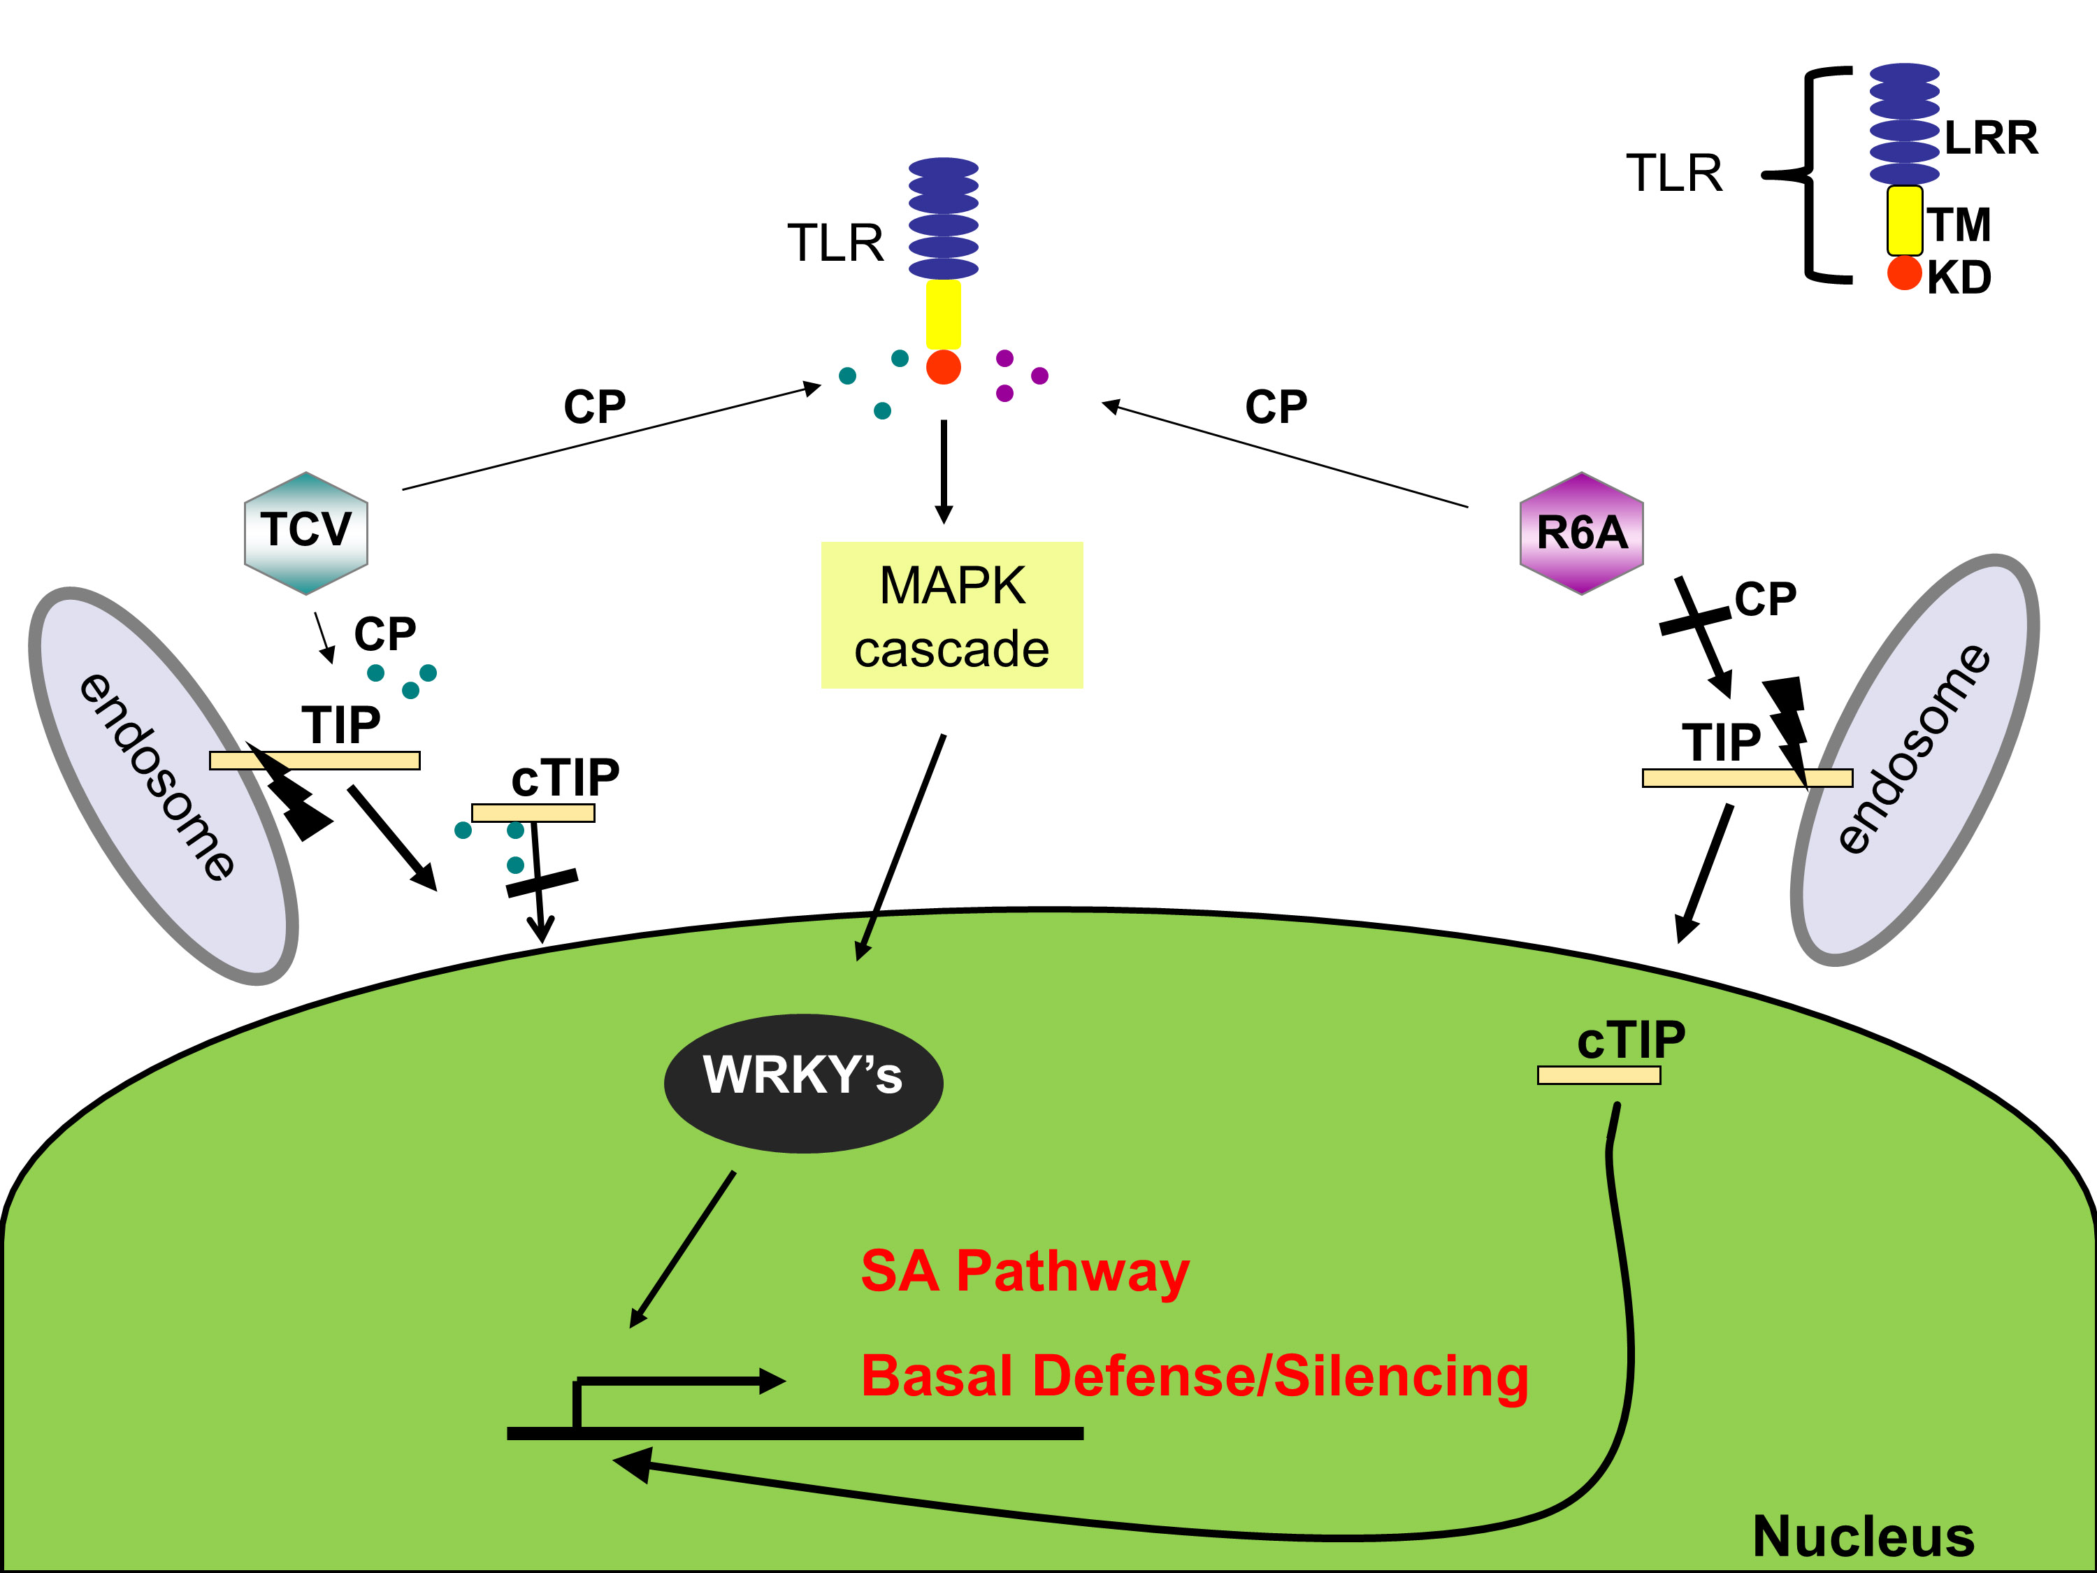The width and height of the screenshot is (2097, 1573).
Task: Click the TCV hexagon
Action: coord(305,533)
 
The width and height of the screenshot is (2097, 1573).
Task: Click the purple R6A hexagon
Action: coord(1581,533)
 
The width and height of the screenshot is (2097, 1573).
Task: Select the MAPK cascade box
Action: coord(952,615)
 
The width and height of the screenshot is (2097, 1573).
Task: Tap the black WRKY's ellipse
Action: coord(803,1083)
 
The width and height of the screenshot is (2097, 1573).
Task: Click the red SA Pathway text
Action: coord(1024,1272)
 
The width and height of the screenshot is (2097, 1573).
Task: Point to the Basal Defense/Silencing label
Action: coord(1195,1376)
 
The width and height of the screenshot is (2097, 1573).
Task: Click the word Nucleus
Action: coord(1863,1536)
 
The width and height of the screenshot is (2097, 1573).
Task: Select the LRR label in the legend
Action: coord(1990,138)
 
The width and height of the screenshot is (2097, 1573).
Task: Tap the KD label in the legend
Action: coord(1959,278)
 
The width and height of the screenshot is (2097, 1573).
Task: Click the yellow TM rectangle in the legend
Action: coord(1903,221)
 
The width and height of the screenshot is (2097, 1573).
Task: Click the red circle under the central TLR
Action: coord(943,367)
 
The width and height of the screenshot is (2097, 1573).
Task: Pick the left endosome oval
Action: coord(163,785)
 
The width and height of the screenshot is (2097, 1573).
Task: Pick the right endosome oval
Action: coord(1915,759)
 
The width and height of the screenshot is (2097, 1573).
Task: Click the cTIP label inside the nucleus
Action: coord(1631,1040)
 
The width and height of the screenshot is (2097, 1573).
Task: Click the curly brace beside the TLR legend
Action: coord(1810,175)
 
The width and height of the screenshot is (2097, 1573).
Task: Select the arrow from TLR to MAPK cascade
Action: coord(943,471)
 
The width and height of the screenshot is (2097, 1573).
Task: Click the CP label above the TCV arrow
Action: coord(594,407)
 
